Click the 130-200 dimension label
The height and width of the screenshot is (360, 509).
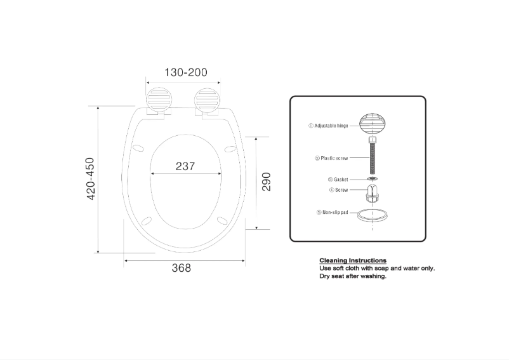186,72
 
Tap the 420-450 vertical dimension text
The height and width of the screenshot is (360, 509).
90,179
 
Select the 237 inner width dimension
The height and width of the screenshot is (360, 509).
185,166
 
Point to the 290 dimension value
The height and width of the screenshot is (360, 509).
266,182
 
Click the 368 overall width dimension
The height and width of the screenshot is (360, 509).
182,268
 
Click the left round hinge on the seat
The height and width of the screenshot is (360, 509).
159,100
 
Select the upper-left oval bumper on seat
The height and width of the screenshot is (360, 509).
138,148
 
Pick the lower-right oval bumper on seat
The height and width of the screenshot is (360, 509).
222,220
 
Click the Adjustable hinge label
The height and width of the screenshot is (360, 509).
328,126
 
